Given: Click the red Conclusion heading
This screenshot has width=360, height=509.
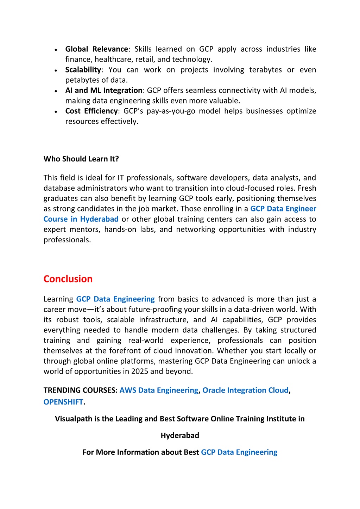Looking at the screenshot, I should (x=68, y=279).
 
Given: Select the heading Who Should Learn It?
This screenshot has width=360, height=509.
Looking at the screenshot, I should (x=81, y=159).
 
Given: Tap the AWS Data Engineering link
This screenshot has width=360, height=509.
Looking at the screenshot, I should (x=159, y=390).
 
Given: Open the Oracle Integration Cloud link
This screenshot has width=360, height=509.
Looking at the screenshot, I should (x=245, y=390).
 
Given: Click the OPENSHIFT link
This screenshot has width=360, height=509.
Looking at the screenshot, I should (x=63, y=402).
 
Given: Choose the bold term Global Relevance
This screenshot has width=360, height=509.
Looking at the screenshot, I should (x=97, y=49).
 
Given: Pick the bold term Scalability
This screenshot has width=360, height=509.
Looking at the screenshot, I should (x=83, y=70).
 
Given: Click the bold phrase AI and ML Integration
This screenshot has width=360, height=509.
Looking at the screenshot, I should (x=104, y=91).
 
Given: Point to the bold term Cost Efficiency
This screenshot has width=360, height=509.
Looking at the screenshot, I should (x=91, y=111).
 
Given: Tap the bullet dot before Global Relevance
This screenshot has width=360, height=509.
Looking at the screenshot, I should (x=56, y=50).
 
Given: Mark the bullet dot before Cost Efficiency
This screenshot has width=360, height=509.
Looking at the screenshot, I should (x=56, y=112).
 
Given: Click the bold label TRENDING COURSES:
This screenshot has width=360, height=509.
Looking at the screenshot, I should (x=81, y=390).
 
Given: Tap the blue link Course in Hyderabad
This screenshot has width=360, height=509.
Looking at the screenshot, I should (x=81, y=219).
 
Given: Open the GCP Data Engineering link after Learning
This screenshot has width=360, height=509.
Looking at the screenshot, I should (x=115, y=299).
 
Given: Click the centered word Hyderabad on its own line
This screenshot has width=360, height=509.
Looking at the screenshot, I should (x=180, y=435).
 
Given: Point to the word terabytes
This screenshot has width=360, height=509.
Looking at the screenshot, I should (x=265, y=70).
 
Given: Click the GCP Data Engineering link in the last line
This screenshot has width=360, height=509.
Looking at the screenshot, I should (x=239, y=452).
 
